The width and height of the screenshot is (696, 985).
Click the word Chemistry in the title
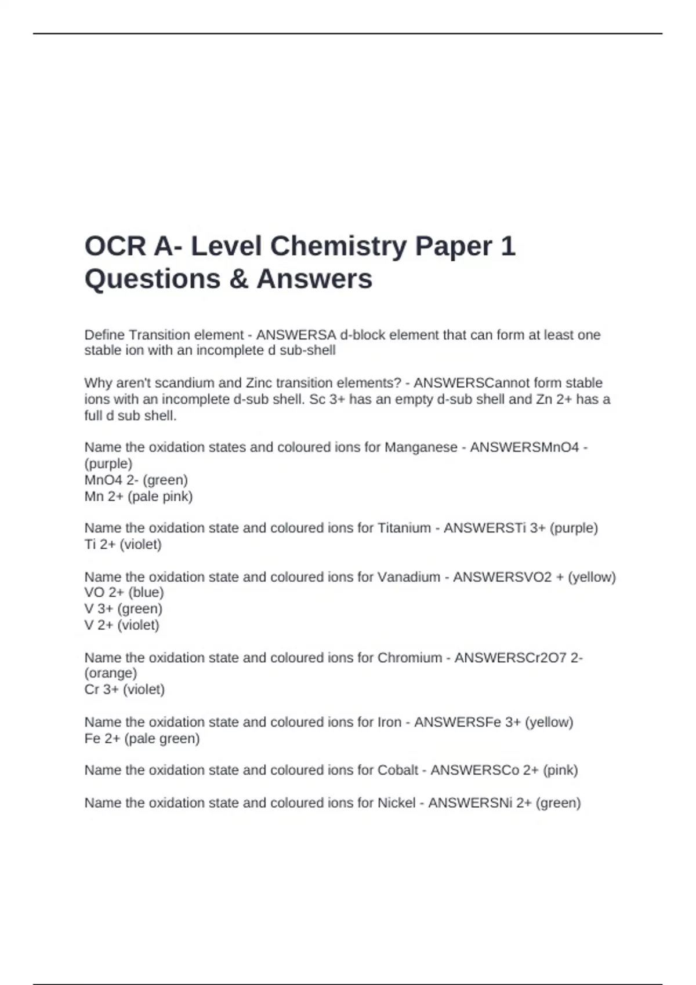point(338,246)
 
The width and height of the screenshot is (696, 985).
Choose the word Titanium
point(404,528)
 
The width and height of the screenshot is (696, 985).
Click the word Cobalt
point(398,770)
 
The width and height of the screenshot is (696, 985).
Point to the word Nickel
point(397,802)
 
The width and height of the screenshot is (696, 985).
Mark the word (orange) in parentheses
point(111,673)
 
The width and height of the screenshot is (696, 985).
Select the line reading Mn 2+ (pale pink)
point(139,496)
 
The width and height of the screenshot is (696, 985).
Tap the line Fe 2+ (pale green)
point(142,738)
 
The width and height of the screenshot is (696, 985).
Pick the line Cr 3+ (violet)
point(125,690)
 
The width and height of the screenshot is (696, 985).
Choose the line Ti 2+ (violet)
point(123,544)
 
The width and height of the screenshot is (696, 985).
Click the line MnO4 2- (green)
point(136,480)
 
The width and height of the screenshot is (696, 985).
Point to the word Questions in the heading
point(152,279)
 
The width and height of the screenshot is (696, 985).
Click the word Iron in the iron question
point(389,722)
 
